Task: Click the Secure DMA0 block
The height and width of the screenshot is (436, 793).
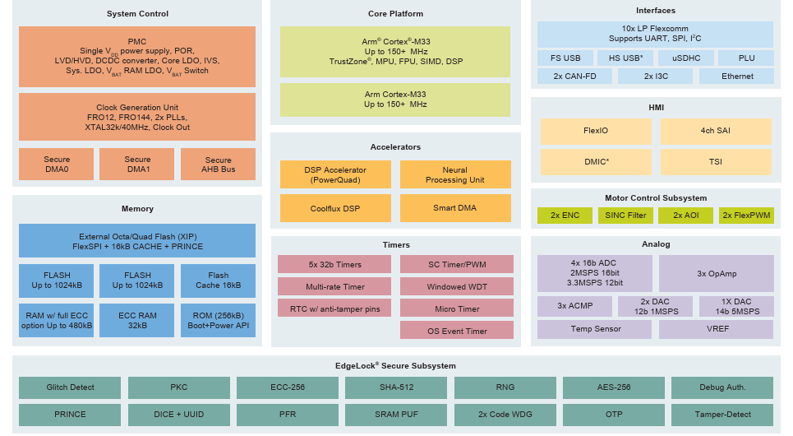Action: click(57, 165)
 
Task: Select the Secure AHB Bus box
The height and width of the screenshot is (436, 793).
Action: click(218, 165)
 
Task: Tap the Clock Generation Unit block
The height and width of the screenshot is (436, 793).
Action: click(137, 117)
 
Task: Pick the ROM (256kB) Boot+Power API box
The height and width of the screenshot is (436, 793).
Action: click(218, 320)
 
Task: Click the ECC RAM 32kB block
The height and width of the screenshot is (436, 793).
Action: click(137, 320)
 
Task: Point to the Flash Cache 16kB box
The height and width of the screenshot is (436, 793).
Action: click(218, 281)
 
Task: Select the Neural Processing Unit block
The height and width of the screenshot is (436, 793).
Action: click(455, 174)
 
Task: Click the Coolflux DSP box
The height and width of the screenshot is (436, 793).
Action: click(335, 208)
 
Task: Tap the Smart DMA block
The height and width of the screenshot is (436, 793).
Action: click(455, 208)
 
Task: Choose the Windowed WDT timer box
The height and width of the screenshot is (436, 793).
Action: click(457, 287)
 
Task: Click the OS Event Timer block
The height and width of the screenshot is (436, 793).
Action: click(457, 331)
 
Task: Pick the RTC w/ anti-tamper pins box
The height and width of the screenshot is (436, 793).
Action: click(334, 308)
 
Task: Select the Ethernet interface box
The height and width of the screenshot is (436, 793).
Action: click(737, 77)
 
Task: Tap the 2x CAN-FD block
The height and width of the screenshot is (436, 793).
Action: click(574, 77)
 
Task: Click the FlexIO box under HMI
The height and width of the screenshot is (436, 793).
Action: click(596, 131)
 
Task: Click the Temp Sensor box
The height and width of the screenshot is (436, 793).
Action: click(596, 329)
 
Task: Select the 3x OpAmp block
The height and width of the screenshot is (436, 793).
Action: click(716, 273)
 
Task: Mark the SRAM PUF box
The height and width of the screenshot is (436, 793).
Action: click(395, 414)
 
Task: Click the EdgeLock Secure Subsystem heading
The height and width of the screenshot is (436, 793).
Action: click(396, 366)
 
